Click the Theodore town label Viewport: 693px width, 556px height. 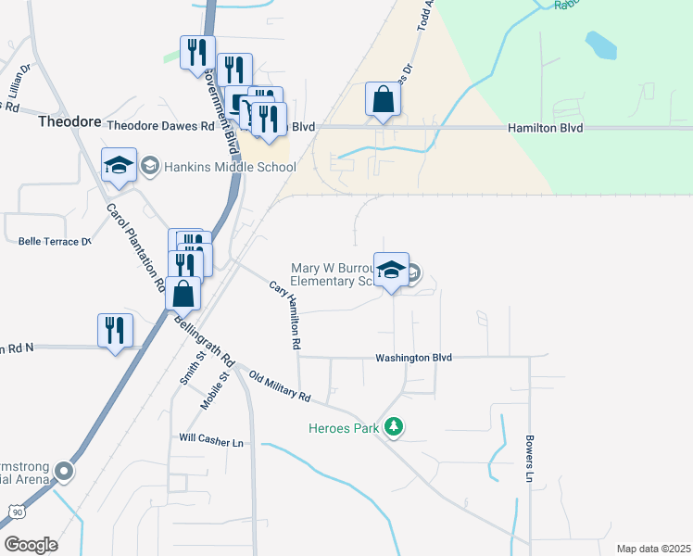[68, 121]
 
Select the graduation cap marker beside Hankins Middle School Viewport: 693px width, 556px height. [119, 165]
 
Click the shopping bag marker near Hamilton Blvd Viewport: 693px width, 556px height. [384, 99]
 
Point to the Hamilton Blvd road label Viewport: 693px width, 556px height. [545, 128]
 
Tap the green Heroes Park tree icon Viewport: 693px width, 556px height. [395, 427]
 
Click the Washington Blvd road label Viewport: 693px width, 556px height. [413, 358]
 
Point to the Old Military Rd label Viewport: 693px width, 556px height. [279, 387]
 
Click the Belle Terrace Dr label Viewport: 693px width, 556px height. [55, 241]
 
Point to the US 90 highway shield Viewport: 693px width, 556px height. [17, 511]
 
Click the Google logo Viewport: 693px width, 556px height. [31, 545]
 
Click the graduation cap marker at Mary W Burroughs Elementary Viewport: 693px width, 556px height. [391, 270]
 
